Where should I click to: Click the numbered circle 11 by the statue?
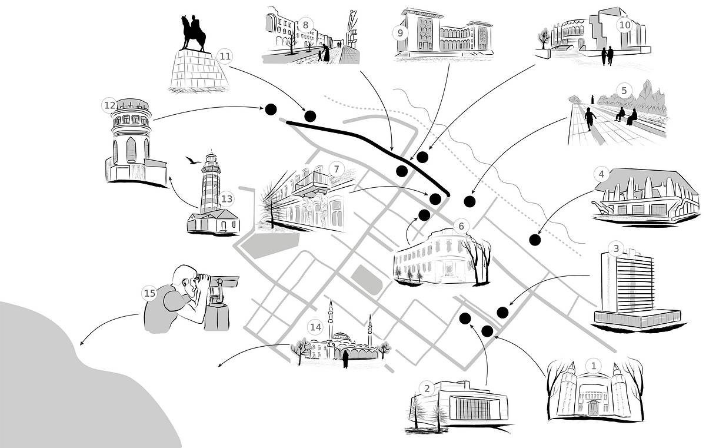pyautogui.click(x=225, y=56)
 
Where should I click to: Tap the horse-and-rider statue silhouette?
pyautogui.click(x=194, y=34)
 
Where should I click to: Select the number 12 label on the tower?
pyautogui.click(x=109, y=105)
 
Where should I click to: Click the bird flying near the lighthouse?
pyautogui.click(x=191, y=160)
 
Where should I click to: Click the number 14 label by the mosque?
pyautogui.click(x=316, y=327)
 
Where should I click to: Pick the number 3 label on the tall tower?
pyautogui.click(x=615, y=248)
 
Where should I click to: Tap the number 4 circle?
pyautogui.click(x=601, y=174)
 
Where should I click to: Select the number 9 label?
pyautogui.click(x=401, y=32)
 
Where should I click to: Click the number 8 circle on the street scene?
pyautogui.click(x=306, y=25)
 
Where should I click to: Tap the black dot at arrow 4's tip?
pyautogui.click(x=535, y=240)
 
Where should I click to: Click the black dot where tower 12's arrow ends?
pyautogui.click(x=271, y=109)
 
